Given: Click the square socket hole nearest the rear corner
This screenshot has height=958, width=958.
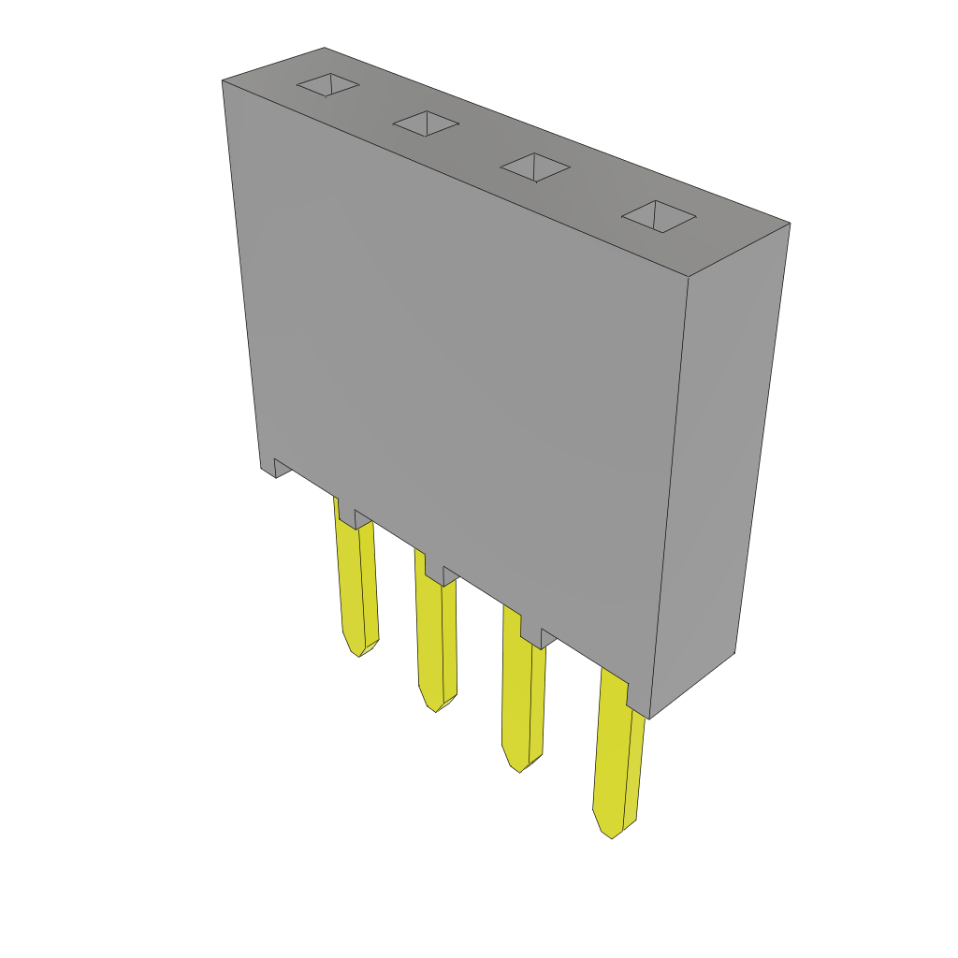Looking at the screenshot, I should pyautogui.click(x=328, y=84).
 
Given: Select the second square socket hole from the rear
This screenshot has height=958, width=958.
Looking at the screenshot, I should pyautogui.click(x=426, y=123).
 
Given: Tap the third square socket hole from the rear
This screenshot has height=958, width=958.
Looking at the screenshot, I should pyautogui.click(x=535, y=167).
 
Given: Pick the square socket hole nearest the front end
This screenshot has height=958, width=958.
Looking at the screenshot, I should pyautogui.click(x=659, y=216).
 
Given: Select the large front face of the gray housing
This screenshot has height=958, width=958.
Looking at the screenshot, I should pyautogui.click(x=458, y=374).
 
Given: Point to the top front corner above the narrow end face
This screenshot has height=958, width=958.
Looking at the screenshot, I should pyautogui.click(x=689, y=276).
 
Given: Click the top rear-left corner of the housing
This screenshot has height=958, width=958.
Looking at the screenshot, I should pyautogui.click(x=224, y=81).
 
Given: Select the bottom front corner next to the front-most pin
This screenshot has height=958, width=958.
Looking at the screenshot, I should pyautogui.click(x=648, y=717).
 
